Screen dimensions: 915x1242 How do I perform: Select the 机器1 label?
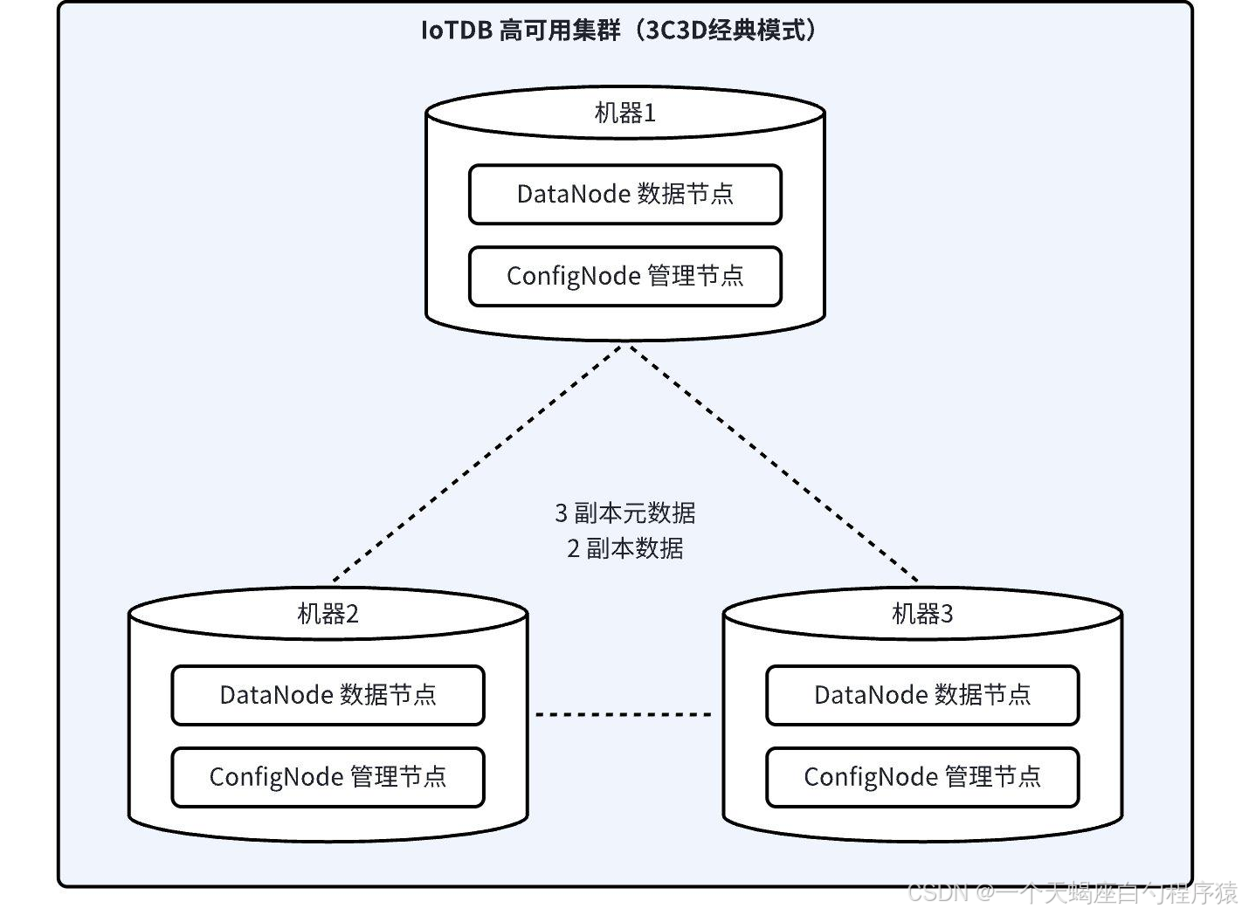[x=624, y=113]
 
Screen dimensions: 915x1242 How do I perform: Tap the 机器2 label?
[x=328, y=614]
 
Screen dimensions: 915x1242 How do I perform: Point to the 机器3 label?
[x=922, y=614]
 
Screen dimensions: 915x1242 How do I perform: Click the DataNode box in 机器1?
[x=624, y=194]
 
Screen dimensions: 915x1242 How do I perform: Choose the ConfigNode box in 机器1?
[x=624, y=276]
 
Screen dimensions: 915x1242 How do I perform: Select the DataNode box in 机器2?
[x=328, y=695]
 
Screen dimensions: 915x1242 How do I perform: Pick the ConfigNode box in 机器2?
[x=328, y=777]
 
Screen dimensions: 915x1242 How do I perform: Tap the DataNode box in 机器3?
[x=922, y=695]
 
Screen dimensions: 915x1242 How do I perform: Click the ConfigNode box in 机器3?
[x=922, y=777]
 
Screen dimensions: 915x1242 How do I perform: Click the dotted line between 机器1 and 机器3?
[x=774, y=464]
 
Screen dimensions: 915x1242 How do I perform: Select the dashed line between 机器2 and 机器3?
[x=624, y=715]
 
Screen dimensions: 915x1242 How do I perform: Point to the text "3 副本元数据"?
[x=625, y=513]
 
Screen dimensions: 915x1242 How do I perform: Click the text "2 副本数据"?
[x=625, y=548]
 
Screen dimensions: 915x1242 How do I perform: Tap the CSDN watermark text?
[x=1073, y=892]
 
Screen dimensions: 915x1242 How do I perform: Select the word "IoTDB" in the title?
[x=457, y=31]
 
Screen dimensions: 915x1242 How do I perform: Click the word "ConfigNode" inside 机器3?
[x=870, y=777]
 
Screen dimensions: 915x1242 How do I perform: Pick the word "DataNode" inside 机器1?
[x=573, y=194]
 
